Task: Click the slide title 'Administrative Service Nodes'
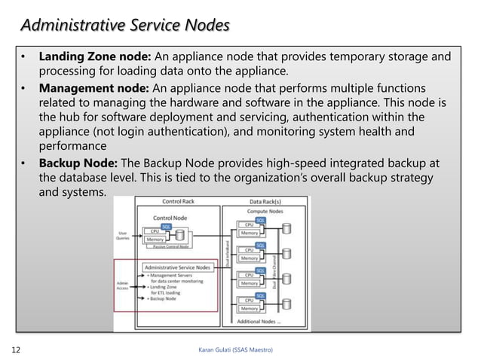(124, 26)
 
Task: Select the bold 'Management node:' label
(97, 87)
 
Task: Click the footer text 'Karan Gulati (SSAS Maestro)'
(235, 350)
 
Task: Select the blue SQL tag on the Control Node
(166, 226)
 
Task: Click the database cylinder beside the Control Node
(179, 236)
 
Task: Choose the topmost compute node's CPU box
(248, 224)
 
